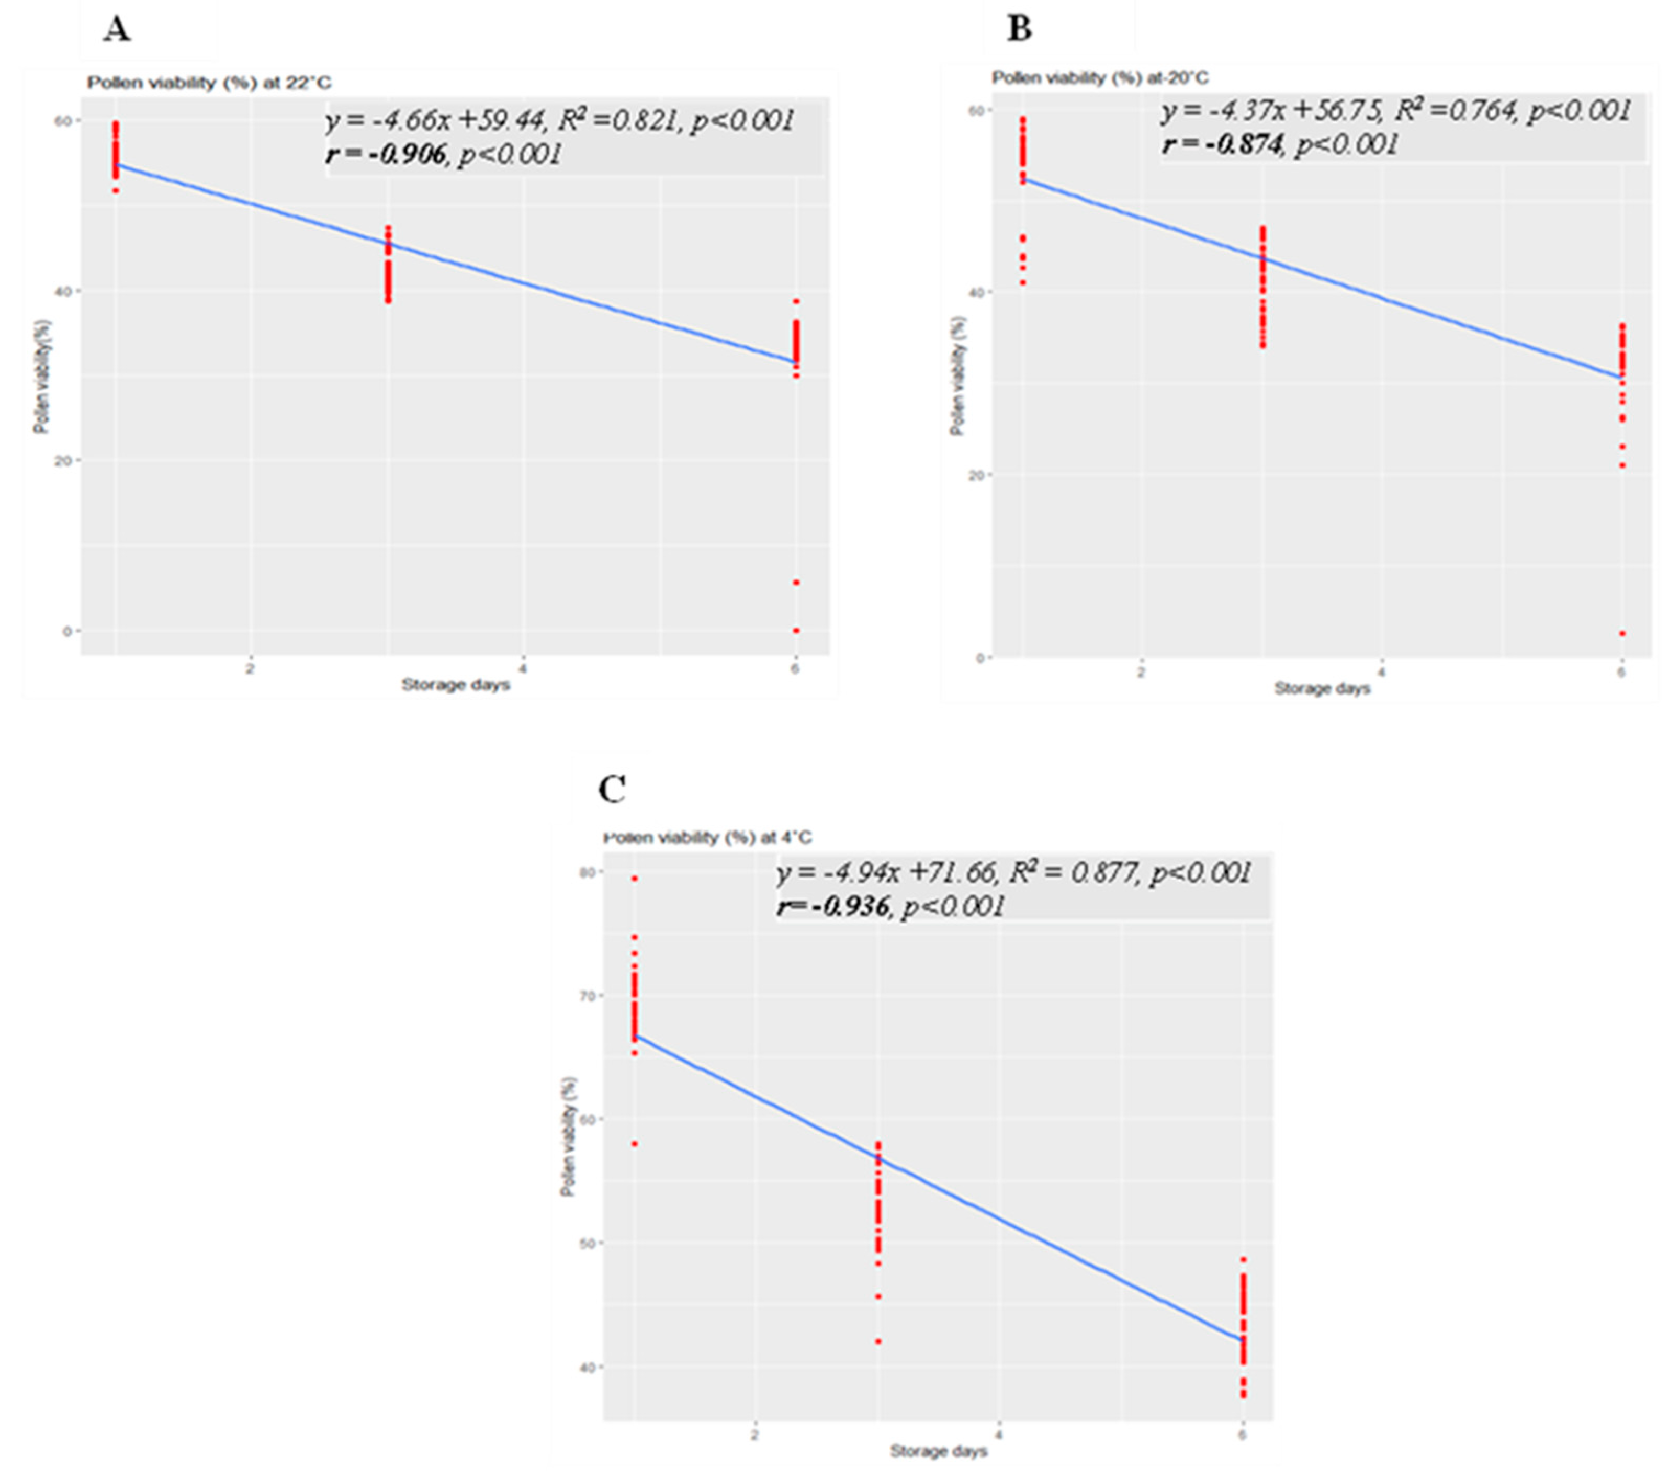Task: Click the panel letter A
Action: (117, 30)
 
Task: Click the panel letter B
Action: (1019, 29)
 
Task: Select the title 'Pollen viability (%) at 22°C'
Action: (210, 83)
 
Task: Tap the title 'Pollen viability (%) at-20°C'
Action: (1100, 78)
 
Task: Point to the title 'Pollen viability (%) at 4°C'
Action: (707, 837)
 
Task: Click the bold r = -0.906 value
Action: (386, 154)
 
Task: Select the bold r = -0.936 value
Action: (832, 906)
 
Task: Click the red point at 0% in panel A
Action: (796, 630)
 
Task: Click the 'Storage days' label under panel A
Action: (455, 685)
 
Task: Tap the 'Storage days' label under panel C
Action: (938, 1452)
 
